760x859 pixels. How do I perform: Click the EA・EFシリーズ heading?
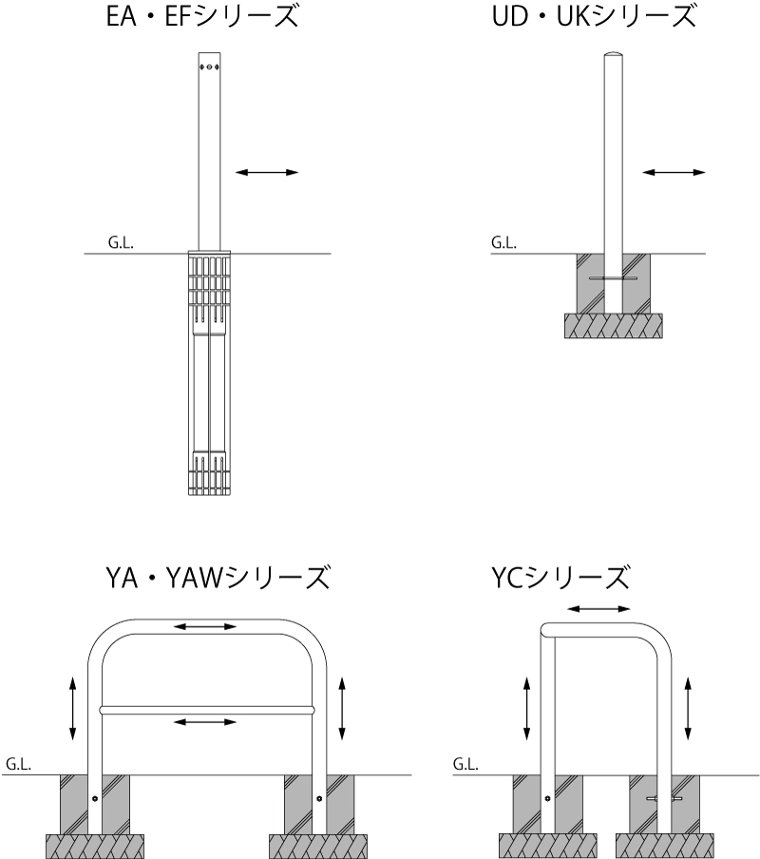(202, 16)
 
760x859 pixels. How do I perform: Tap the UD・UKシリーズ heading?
(594, 16)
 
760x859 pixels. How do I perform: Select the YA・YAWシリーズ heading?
(218, 578)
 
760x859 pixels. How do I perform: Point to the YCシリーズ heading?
(560, 578)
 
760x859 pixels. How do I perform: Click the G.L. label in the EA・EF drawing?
(121, 242)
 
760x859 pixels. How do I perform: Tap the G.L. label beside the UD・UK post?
(503, 242)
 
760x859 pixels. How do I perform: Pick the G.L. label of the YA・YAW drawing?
(18, 764)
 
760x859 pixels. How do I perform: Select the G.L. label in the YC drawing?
(465, 764)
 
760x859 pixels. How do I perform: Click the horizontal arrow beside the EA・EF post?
(267, 173)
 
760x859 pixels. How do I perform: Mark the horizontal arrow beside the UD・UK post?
(674, 173)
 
